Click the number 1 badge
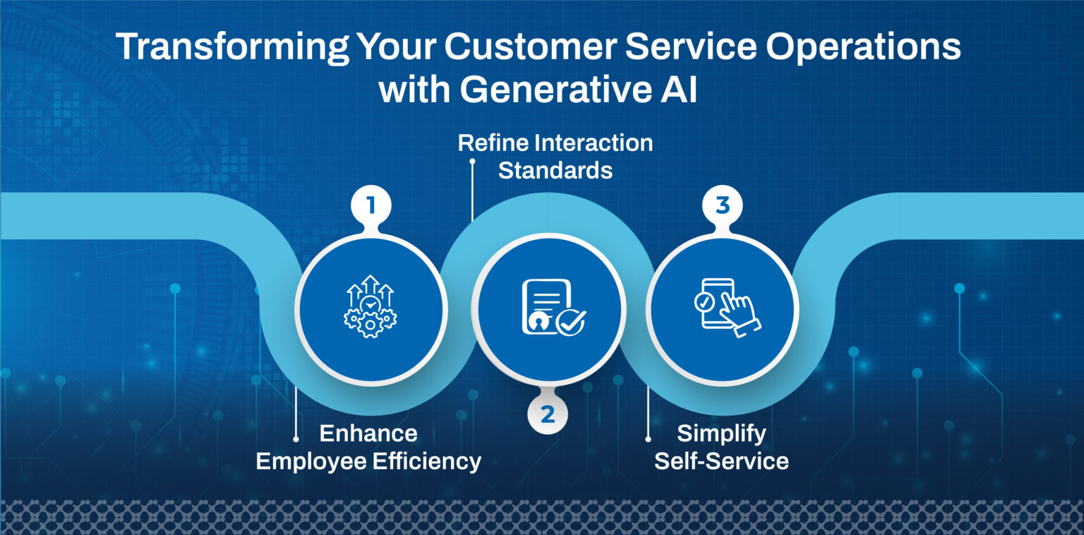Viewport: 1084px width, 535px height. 371,206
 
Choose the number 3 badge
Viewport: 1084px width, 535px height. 721,206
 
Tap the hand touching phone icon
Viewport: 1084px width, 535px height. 723,308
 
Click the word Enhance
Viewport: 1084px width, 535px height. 368,433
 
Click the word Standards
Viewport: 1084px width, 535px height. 555,170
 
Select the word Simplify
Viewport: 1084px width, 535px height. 721,433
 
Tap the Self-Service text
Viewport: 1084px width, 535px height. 721,462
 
